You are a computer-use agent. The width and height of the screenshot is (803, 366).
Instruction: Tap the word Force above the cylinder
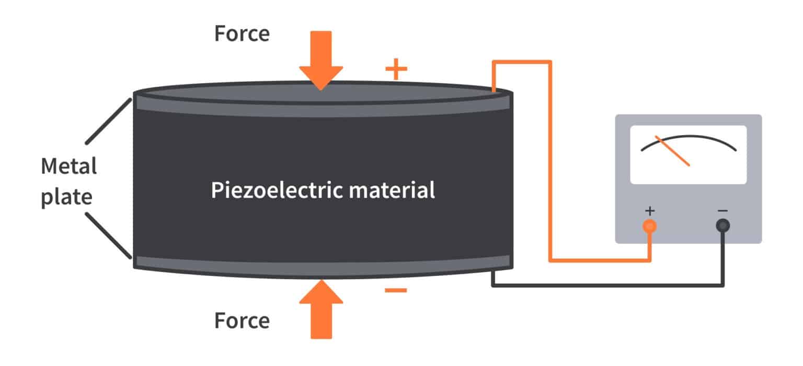(x=242, y=34)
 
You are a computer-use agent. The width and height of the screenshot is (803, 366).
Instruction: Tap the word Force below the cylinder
(x=242, y=320)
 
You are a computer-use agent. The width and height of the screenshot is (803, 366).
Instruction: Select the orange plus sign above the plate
(x=396, y=70)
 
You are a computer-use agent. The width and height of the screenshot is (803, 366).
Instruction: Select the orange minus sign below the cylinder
(x=396, y=290)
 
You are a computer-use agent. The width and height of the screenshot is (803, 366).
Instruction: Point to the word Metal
(x=68, y=167)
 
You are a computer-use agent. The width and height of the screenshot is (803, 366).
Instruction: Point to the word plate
(x=66, y=197)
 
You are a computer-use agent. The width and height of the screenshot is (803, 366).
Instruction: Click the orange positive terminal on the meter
(x=650, y=226)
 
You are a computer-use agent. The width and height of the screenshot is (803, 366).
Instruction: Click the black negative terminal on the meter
(x=723, y=226)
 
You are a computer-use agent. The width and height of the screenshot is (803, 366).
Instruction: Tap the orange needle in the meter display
(x=672, y=152)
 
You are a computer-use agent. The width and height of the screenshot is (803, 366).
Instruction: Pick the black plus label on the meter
(x=650, y=210)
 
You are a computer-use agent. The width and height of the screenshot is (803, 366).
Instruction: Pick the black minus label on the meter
(x=722, y=210)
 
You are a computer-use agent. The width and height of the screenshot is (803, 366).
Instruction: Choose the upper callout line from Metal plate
(x=108, y=121)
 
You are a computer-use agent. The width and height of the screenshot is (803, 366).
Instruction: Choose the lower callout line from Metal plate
(x=108, y=235)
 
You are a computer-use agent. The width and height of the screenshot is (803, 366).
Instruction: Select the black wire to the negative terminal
(x=606, y=286)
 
